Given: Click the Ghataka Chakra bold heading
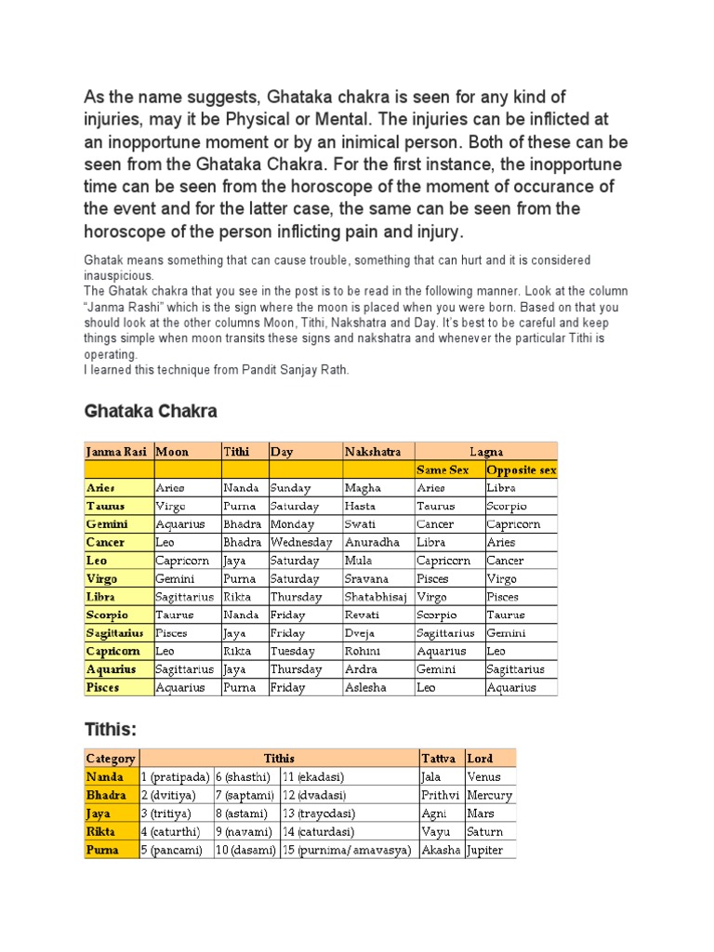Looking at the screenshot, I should tap(151, 411).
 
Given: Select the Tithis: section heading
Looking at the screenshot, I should tap(111, 727).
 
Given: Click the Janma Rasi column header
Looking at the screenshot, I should tap(117, 452).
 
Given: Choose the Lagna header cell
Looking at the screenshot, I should tap(486, 452).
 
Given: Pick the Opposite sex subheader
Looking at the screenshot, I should tap(521, 470).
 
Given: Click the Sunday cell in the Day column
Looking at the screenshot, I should tap(291, 488).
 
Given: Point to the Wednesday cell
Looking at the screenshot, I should tap(300, 542).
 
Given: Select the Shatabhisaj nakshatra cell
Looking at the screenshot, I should tap(376, 597).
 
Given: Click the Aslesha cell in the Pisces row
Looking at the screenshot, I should tap(366, 688).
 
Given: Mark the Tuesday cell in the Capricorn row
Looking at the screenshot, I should tap(293, 652).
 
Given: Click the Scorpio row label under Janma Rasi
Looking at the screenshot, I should tap(107, 615).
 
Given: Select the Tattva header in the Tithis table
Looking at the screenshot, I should tap(438, 759).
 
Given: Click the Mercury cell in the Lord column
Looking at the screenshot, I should tap(490, 796).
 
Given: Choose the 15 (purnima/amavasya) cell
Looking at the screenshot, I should tap(347, 851).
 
